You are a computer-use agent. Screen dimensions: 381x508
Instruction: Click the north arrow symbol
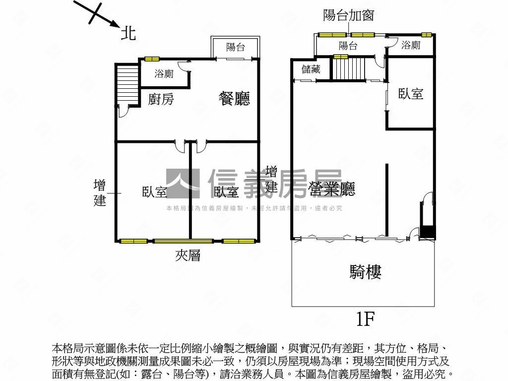[x=97, y=13]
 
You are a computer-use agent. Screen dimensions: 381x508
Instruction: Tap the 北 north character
[x=128, y=34]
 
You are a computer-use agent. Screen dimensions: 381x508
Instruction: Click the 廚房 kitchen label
[x=161, y=99]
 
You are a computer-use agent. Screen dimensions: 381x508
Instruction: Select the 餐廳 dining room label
[x=234, y=99]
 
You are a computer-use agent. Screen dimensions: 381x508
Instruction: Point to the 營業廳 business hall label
[x=332, y=189]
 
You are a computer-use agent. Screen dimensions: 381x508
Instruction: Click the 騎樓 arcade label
[x=366, y=272]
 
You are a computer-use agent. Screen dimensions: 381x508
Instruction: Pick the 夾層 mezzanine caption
[x=188, y=255]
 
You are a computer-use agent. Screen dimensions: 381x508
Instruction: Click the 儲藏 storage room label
[x=311, y=69]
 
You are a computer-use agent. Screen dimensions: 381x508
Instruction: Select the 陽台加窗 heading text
[x=348, y=15]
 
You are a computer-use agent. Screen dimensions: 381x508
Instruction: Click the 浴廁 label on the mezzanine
[x=164, y=74]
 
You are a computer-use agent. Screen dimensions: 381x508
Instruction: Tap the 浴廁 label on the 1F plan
[x=411, y=46]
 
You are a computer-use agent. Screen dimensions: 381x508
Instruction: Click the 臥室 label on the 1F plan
[x=411, y=94]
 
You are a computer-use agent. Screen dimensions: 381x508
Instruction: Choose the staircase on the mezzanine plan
[x=127, y=84]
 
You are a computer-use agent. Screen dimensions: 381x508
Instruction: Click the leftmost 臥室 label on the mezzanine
[x=154, y=192]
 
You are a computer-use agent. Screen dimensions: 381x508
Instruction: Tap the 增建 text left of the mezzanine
[x=100, y=193]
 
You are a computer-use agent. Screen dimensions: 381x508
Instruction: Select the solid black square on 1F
[x=427, y=233]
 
